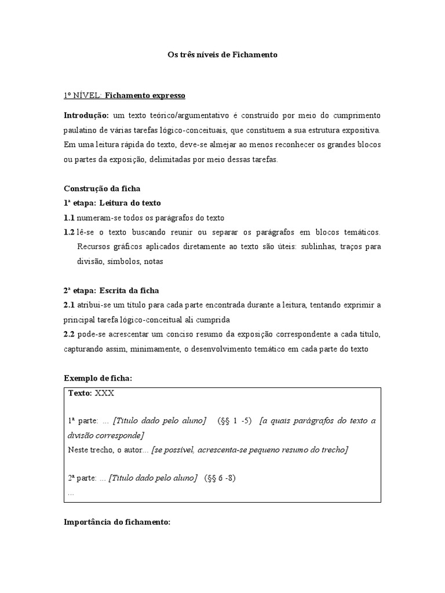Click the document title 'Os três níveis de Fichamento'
222,55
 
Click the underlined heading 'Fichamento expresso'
145,95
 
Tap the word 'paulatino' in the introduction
79,130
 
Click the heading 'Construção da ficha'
102,189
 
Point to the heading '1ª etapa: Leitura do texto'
112,203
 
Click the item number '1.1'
69,218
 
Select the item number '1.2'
69,232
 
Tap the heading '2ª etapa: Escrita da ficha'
111,290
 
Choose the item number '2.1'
69,305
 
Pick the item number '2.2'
69,334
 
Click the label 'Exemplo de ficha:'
98,378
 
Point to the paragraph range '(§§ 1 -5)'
235,420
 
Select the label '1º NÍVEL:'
82,95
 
